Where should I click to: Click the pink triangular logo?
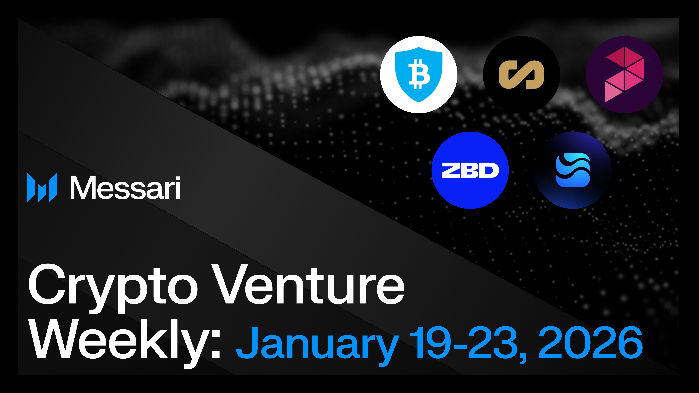point(624,75)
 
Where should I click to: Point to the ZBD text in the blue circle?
point(470,170)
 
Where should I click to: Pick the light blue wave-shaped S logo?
point(573,170)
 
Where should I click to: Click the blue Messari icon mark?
point(42,187)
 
